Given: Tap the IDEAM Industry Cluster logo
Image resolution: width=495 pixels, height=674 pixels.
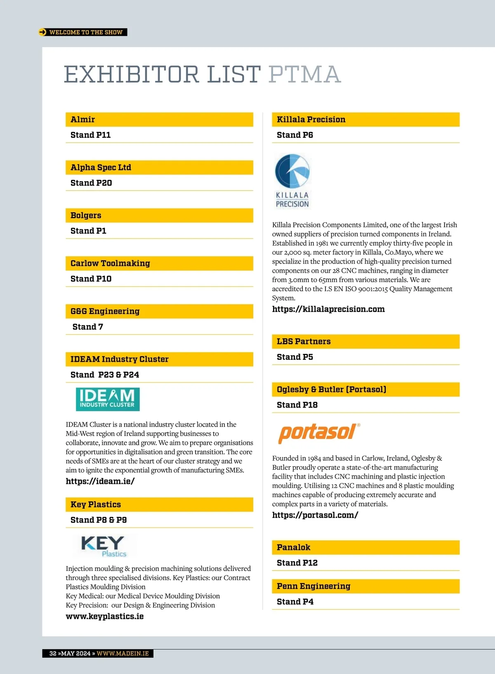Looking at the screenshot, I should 108,399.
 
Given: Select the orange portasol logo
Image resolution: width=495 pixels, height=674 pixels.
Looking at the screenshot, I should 319,433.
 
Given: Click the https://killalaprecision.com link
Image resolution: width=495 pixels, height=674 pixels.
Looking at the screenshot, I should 328,309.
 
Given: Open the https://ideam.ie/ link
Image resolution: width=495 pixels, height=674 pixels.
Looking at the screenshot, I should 100,481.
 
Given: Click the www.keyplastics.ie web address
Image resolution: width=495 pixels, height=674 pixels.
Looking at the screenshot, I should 105,617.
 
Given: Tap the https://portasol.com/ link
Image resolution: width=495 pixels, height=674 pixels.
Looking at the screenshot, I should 315,515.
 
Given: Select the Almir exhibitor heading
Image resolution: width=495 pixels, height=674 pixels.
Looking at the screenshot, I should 83,120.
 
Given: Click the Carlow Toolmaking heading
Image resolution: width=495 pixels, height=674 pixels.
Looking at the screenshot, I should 110,264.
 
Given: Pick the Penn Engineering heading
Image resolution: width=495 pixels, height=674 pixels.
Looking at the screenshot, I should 313,587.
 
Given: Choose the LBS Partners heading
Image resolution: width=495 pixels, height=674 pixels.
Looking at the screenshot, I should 304,342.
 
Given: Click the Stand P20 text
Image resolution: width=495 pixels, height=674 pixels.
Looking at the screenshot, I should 91,183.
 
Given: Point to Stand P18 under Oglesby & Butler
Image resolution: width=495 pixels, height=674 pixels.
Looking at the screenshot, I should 297,405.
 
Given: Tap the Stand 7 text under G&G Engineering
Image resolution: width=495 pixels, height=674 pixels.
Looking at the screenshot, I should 88,327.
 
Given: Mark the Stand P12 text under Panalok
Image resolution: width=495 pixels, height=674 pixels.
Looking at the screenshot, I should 297,563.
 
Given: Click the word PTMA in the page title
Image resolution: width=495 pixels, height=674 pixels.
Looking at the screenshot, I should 304,75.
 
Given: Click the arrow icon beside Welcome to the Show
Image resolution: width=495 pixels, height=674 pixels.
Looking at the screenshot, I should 42,32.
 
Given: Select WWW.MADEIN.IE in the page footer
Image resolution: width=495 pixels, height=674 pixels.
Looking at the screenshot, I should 123,653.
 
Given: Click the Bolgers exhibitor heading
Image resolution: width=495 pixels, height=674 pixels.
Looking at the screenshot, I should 86,216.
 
